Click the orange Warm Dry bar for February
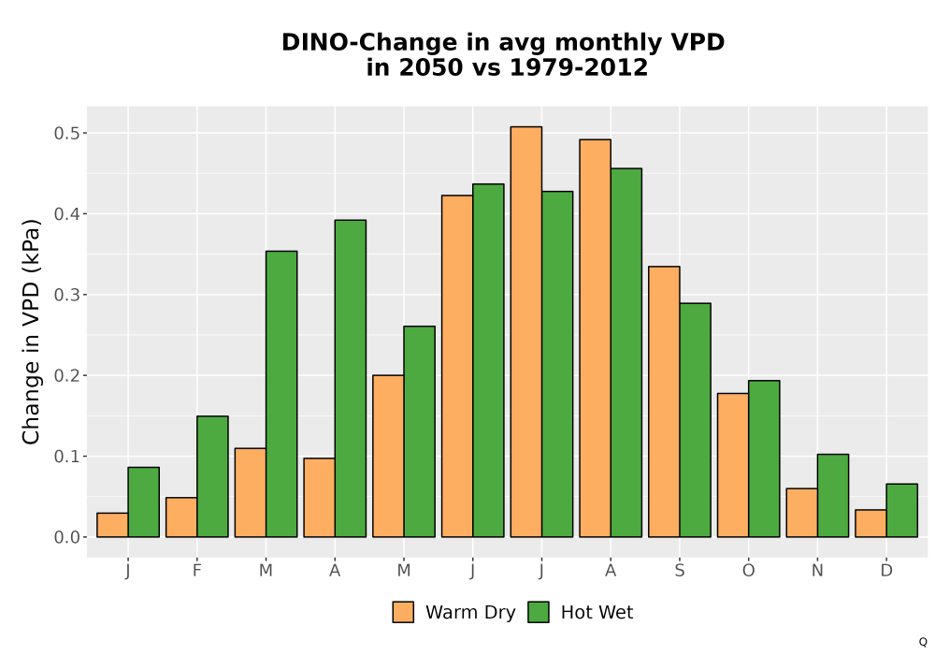point(181,517)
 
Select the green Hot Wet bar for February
point(212,476)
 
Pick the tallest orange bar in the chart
point(525,331)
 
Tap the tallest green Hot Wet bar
point(626,353)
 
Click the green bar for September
point(696,420)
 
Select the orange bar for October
point(733,465)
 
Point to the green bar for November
point(833,496)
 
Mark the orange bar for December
point(870,523)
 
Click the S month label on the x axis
point(679,571)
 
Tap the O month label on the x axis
point(748,571)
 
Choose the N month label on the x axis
point(817,571)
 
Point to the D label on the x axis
point(886,571)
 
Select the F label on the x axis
point(196,571)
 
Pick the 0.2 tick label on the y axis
point(66,376)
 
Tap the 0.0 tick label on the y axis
point(66,537)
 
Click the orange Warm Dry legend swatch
point(403,612)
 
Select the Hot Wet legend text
point(597,612)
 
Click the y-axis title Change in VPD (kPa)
point(31,331)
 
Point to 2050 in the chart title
point(429,67)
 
